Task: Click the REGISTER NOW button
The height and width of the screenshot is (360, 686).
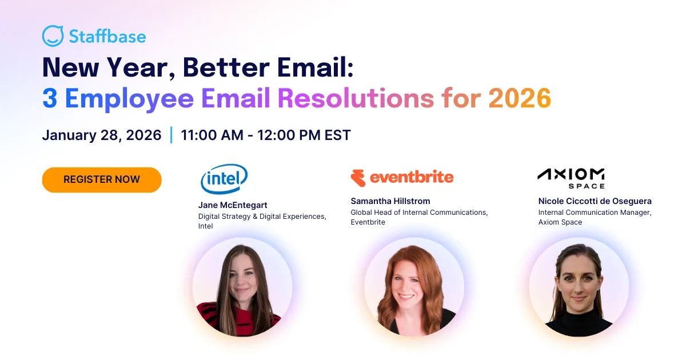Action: (102, 179)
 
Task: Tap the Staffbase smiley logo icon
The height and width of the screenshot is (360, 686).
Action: (53, 36)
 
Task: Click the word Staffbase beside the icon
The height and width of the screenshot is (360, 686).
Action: (107, 37)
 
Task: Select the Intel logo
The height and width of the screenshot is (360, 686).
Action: (224, 179)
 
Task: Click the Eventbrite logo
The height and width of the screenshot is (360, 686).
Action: (402, 178)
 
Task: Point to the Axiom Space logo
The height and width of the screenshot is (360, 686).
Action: (571, 178)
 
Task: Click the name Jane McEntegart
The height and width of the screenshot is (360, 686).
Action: (233, 205)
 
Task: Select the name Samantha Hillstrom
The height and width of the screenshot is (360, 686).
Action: (390, 201)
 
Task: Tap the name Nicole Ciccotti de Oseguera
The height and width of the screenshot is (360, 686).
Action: (595, 201)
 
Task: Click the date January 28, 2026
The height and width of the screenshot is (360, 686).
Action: (102, 135)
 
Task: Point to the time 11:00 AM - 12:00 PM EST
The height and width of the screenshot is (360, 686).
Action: (265, 135)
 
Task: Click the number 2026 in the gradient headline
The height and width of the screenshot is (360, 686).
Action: (519, 98)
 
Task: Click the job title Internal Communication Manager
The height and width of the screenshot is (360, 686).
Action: (595, 213)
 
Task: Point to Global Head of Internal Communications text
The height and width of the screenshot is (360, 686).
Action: (419, 213)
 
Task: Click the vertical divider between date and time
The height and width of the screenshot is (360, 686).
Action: (171, 135)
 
